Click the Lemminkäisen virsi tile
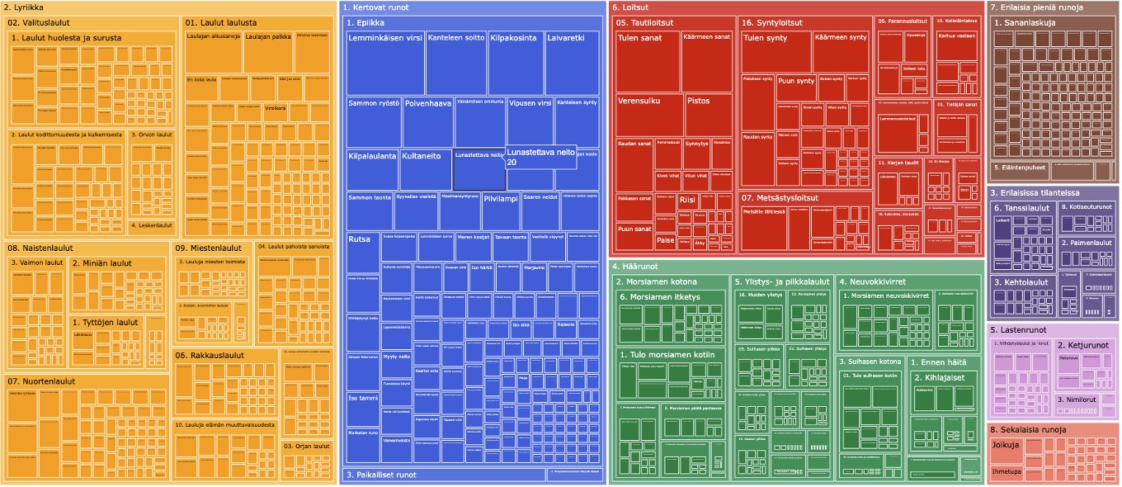pos(385,64)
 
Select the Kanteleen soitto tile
pos(456,64)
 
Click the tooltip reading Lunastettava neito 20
pos(540,157)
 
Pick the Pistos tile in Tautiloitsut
pos(709,116)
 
